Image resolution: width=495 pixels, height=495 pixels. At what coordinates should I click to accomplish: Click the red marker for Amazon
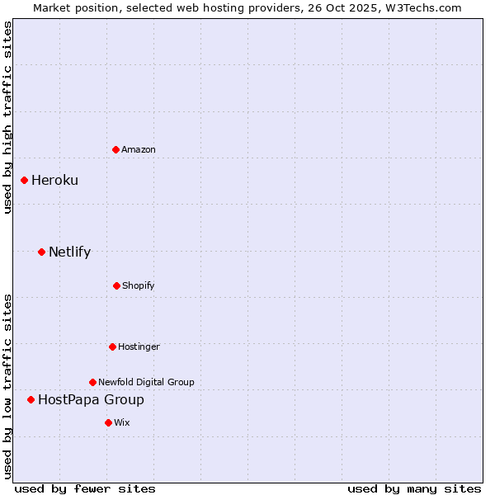(x=115, y=149)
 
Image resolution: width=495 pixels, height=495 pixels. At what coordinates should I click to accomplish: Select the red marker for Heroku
(x=24, y=180)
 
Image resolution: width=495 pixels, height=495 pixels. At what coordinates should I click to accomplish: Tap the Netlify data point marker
(x=41, y=252)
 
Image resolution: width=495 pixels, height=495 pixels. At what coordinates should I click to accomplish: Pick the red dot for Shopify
(x=116, y=285)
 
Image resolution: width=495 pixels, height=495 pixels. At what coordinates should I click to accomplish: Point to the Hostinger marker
(x=112, y=346)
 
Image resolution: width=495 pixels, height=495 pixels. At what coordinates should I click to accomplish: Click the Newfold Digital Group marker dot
(x=92, y=382)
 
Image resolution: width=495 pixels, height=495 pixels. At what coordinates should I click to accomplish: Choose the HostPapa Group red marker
(x=31, y=399)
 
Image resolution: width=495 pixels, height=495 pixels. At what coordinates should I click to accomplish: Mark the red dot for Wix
(x=108, y=422)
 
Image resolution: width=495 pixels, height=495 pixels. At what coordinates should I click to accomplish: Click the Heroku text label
(x=54, y=180)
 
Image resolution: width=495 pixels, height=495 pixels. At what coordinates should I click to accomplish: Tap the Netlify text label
(x=69, y=252)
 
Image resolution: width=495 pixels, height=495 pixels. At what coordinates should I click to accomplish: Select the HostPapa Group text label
(x=91, y=399)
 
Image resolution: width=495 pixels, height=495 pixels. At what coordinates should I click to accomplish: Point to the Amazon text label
(x=139, y=149)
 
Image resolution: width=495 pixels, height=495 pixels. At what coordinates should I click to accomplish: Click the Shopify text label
(x=139, y=285)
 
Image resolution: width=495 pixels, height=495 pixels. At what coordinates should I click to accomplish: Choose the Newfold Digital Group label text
(x=146, y=382)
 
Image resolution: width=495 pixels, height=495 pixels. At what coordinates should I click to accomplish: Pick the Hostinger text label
(x=139, y=346)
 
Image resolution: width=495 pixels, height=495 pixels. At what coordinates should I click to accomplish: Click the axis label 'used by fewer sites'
(x=85, y=488)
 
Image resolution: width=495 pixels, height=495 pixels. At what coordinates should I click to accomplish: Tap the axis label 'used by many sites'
(x=414, y=488)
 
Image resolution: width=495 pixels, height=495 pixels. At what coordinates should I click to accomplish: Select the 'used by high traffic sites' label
(x=7, y=117)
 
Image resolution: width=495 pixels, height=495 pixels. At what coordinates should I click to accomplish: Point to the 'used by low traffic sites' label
(x=7, y=385)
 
